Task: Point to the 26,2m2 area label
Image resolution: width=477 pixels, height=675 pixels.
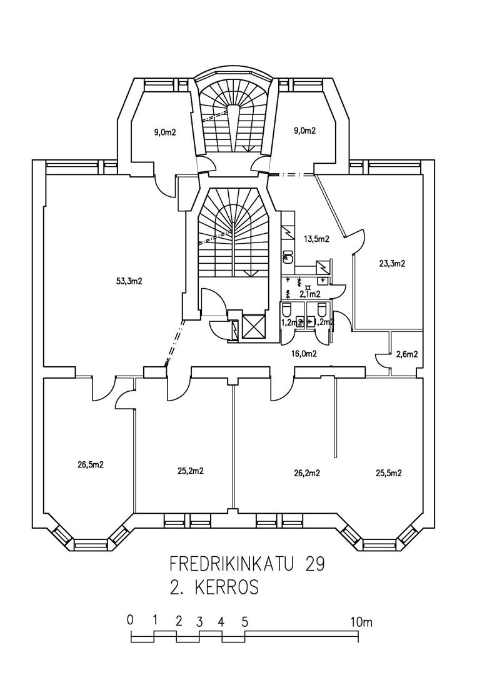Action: [x=306, y=473]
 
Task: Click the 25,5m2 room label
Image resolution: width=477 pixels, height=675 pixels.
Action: [x=388, y=473]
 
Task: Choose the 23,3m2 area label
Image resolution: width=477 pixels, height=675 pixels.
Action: [x=391, y=264]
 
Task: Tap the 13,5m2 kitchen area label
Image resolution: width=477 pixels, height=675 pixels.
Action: [x=316, y=239]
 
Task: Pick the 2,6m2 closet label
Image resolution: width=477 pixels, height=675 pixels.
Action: [x=406, y=354]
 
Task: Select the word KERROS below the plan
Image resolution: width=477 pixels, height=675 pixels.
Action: [x=226, y=588]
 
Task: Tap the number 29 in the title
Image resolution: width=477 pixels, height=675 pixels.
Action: [x=315, y=564]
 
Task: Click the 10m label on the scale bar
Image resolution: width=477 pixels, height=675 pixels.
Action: [x=361, y=622]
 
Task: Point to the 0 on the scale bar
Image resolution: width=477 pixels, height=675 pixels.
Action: [x=129, y=621]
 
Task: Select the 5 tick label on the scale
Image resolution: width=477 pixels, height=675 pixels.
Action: [x=244, y=622]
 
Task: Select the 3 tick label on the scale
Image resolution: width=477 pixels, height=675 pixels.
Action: [x=199, y=622]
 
